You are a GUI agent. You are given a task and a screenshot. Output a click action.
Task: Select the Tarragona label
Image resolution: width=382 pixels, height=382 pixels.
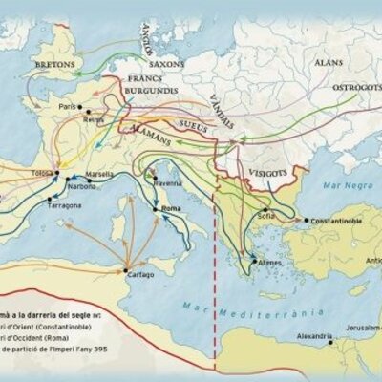(69, 203)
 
